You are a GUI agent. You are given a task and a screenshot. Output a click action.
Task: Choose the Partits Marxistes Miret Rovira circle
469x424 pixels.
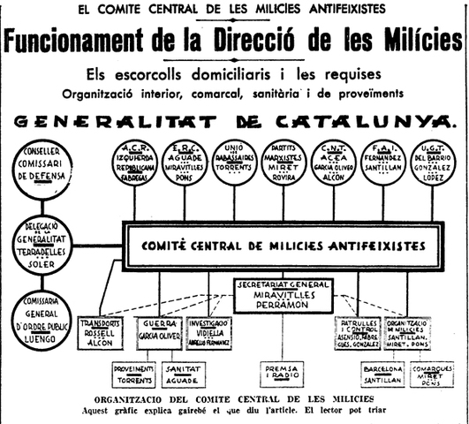(288, 164)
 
